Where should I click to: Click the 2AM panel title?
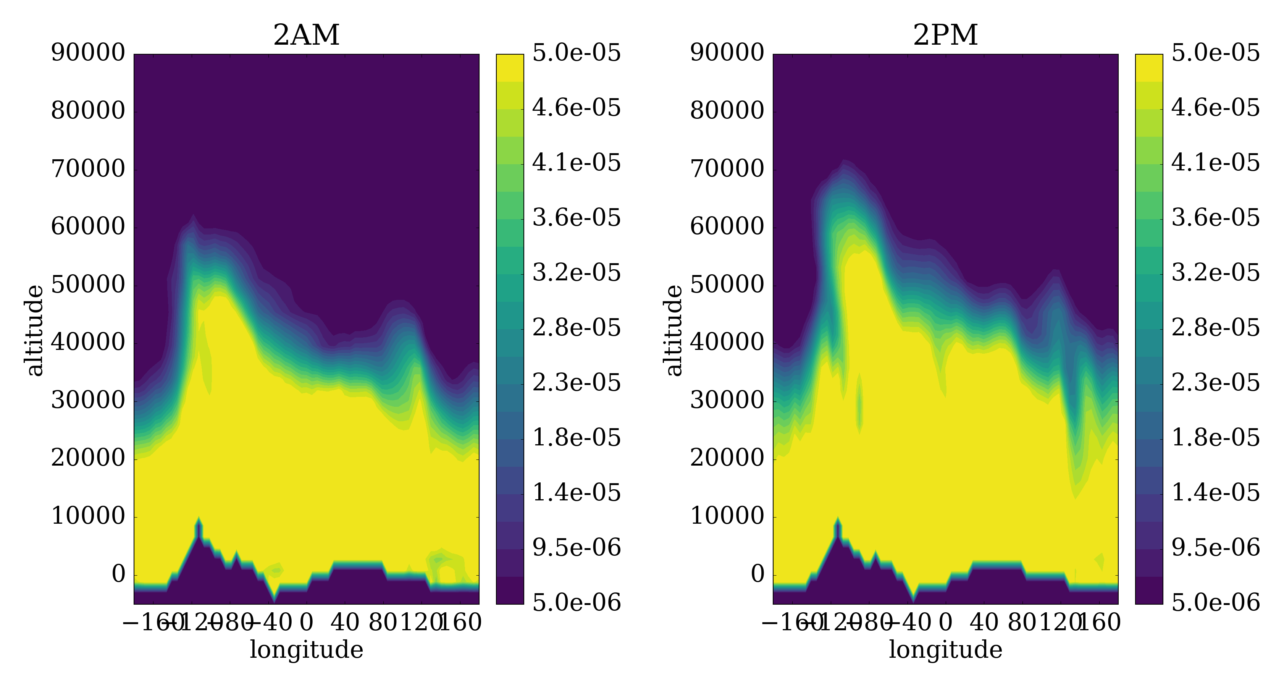pos(306,36)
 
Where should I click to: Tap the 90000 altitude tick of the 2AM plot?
pos(88,53)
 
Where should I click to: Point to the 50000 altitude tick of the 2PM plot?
pos(727,285)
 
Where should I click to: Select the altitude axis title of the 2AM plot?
pos(35,330)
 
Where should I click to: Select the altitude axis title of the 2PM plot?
pos(674,330)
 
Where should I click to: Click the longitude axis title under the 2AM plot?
pos(306,650)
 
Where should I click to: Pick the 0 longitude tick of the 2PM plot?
pos(946,623)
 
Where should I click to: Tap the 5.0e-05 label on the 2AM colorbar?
pos(577,53)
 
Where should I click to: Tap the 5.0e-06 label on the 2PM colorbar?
pos(1216,603)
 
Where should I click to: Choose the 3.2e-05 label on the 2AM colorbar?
pos(577,273)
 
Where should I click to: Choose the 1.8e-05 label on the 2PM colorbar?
pos(1216,438)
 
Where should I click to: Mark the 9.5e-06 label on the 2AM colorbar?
pos(577,548)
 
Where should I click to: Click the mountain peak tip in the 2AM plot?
pos(199,518)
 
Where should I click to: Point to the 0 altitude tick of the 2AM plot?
pos(119,575)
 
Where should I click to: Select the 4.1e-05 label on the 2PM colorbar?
pos(1216,163)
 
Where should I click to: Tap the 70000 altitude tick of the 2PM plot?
pos(727,169)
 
